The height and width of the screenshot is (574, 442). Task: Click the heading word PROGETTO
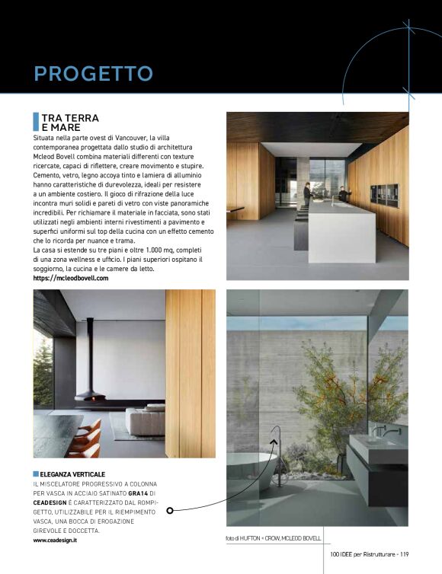[x=93, y=74]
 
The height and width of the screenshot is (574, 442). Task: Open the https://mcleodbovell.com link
[x=71, y=279]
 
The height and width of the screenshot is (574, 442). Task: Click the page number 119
[x=404, y=554]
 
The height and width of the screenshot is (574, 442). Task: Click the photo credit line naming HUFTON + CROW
[x=273, y=538]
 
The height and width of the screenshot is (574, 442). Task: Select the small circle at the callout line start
[x=170, y=510]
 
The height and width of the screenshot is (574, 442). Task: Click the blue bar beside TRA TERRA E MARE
[x=36, y=121]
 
